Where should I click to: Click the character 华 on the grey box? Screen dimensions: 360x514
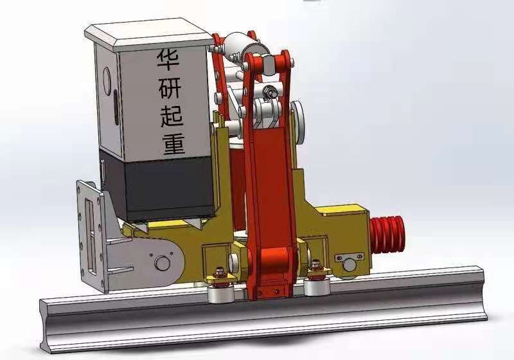coord(168,63)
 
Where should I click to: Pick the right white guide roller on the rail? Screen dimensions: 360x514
coord(317,287)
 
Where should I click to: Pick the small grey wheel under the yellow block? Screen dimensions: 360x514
coord(350,264)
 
